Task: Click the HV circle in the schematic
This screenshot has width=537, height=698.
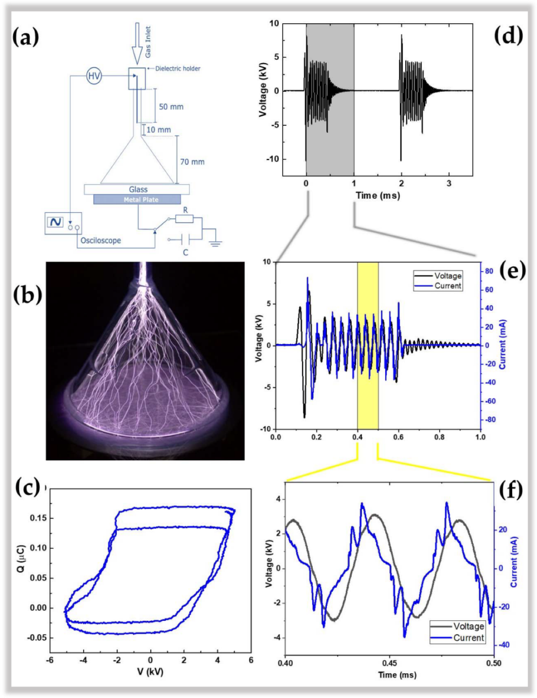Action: pyautogui.click(x=94, y=76)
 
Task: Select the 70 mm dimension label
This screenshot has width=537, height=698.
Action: pyautogui.click(x=192, y=162)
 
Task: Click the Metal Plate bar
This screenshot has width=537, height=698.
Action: pyautogui.click(x=137, y=200)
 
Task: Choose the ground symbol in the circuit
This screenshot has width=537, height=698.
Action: pyautogui.click(x=216, y=243)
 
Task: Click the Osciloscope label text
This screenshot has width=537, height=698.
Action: pyautogui.click(x=100, y=240)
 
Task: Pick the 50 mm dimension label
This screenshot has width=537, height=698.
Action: pyautogui.click(x=171, y=107)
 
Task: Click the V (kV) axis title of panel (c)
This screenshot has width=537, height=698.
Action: pyautogui.click(x=150, y=672)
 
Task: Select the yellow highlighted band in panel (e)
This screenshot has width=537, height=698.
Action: pyautogui.click(x=367, y=346)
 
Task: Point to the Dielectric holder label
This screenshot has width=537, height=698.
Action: pyautogui.click(x=178, y=69)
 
